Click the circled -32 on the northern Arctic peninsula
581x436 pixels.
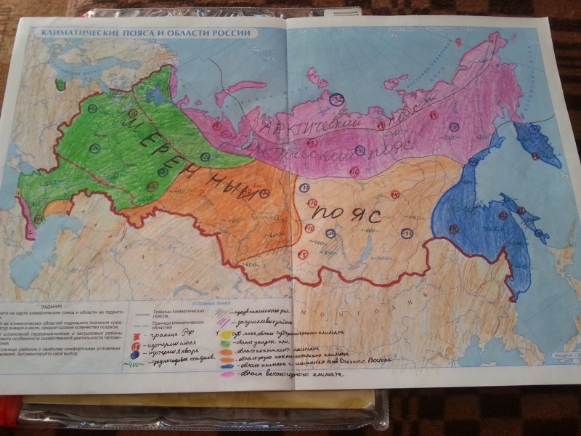[336, 99]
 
